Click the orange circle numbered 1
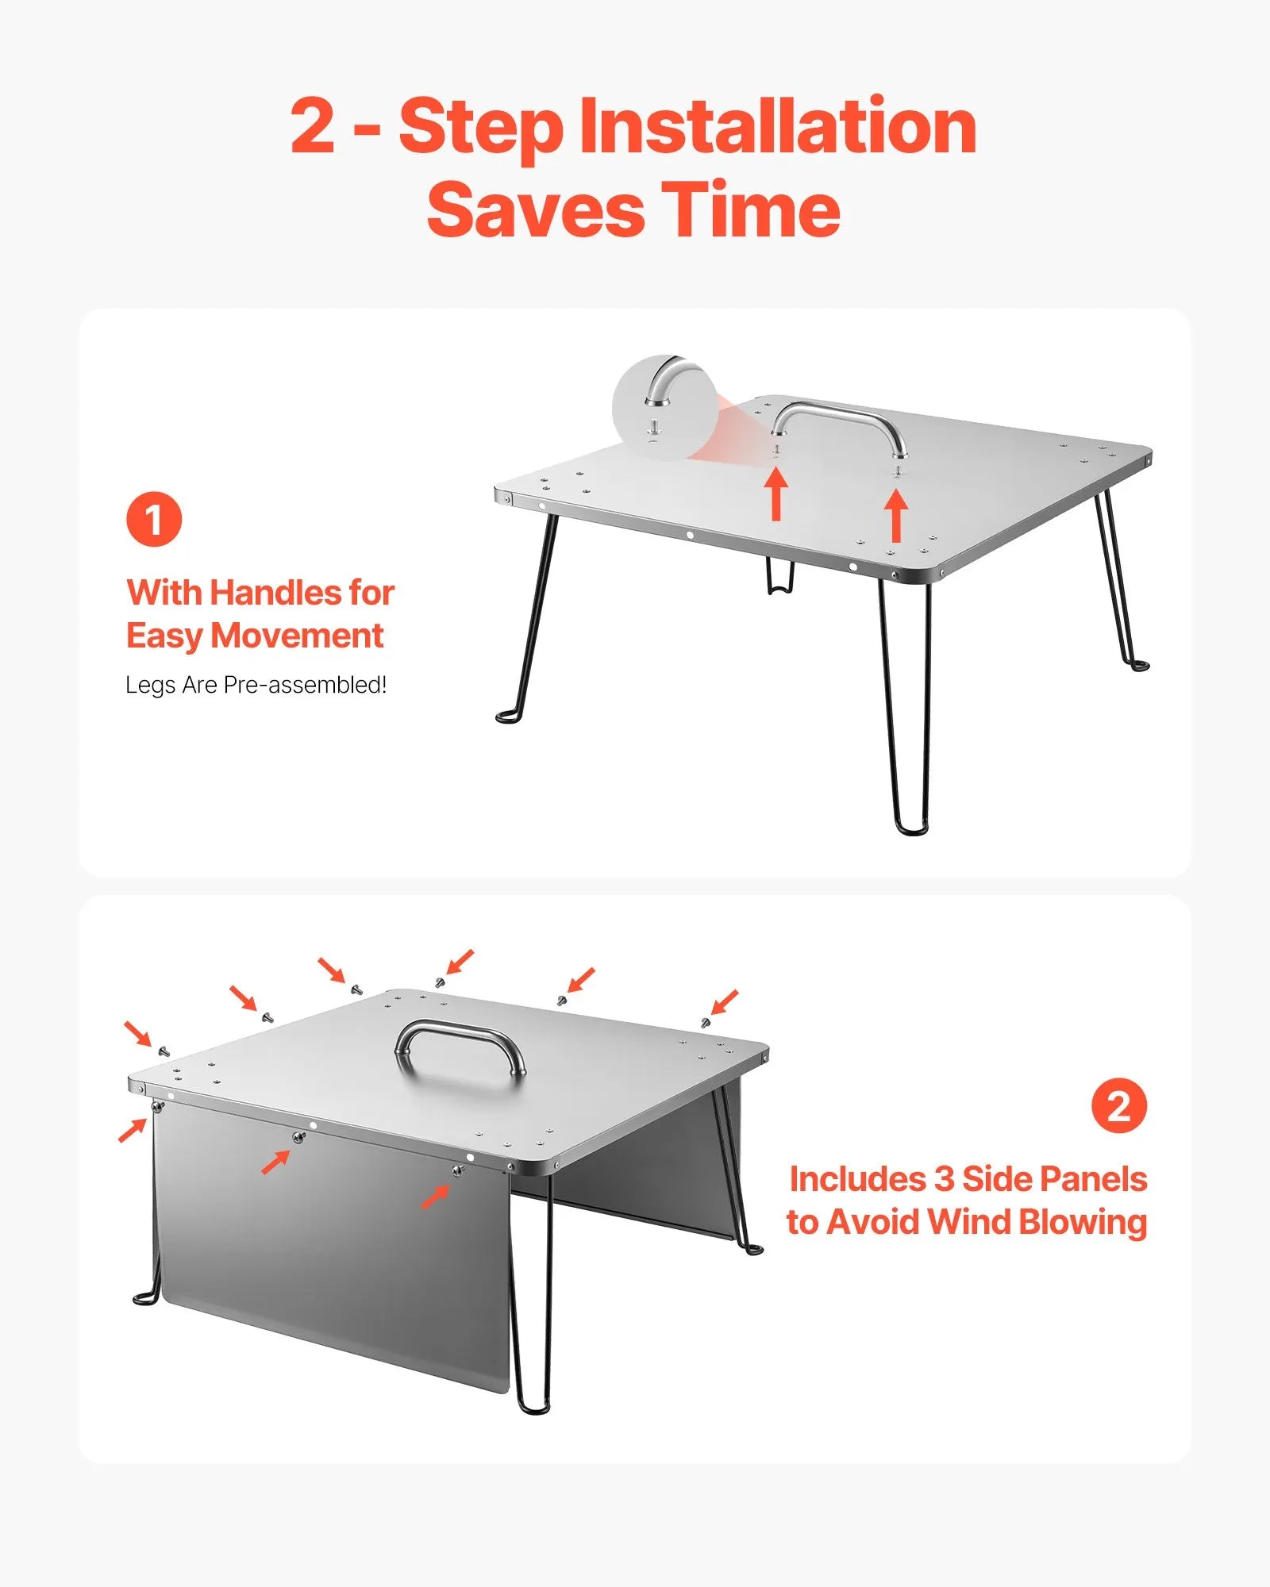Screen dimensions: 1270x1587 [x=154, y=520]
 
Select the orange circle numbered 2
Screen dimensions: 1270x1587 [x=1118, y=1105]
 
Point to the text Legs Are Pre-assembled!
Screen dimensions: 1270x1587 [x=256, y=685]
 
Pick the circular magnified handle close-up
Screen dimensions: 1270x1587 [x=665, y=408]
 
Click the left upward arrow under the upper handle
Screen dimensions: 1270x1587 [x=776, y=494]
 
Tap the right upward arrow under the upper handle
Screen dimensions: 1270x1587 [x=896, y=516]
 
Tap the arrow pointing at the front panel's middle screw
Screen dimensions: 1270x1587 [x=275, y=1162]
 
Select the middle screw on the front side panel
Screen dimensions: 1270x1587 [x=298, y=1138]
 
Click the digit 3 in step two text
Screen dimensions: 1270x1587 [x=944, y=1180]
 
